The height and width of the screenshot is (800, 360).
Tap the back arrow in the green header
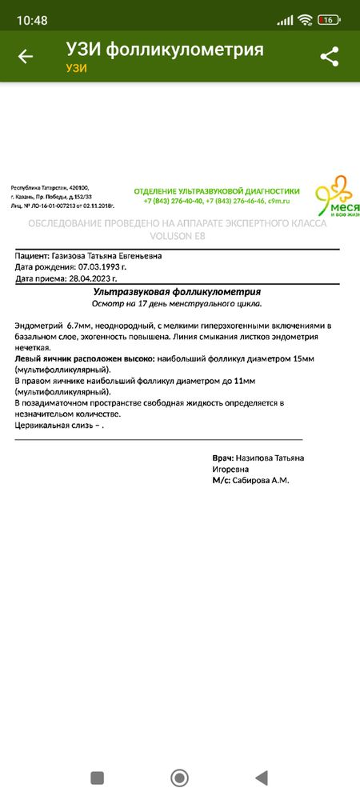coord(26,56)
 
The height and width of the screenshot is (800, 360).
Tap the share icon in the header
coord(329,56)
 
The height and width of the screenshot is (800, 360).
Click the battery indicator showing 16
coord(327,19)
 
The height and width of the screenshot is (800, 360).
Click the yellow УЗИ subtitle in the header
coord(76,68)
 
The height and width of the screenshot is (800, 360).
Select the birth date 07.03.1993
coord(101,267)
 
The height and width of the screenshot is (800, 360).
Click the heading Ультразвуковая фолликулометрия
coord(177,293)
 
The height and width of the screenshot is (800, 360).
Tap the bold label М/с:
coord(221,480)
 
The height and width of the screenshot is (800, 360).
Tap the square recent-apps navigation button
coord(98,777)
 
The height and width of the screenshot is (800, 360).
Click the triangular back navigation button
coord(260,777)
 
